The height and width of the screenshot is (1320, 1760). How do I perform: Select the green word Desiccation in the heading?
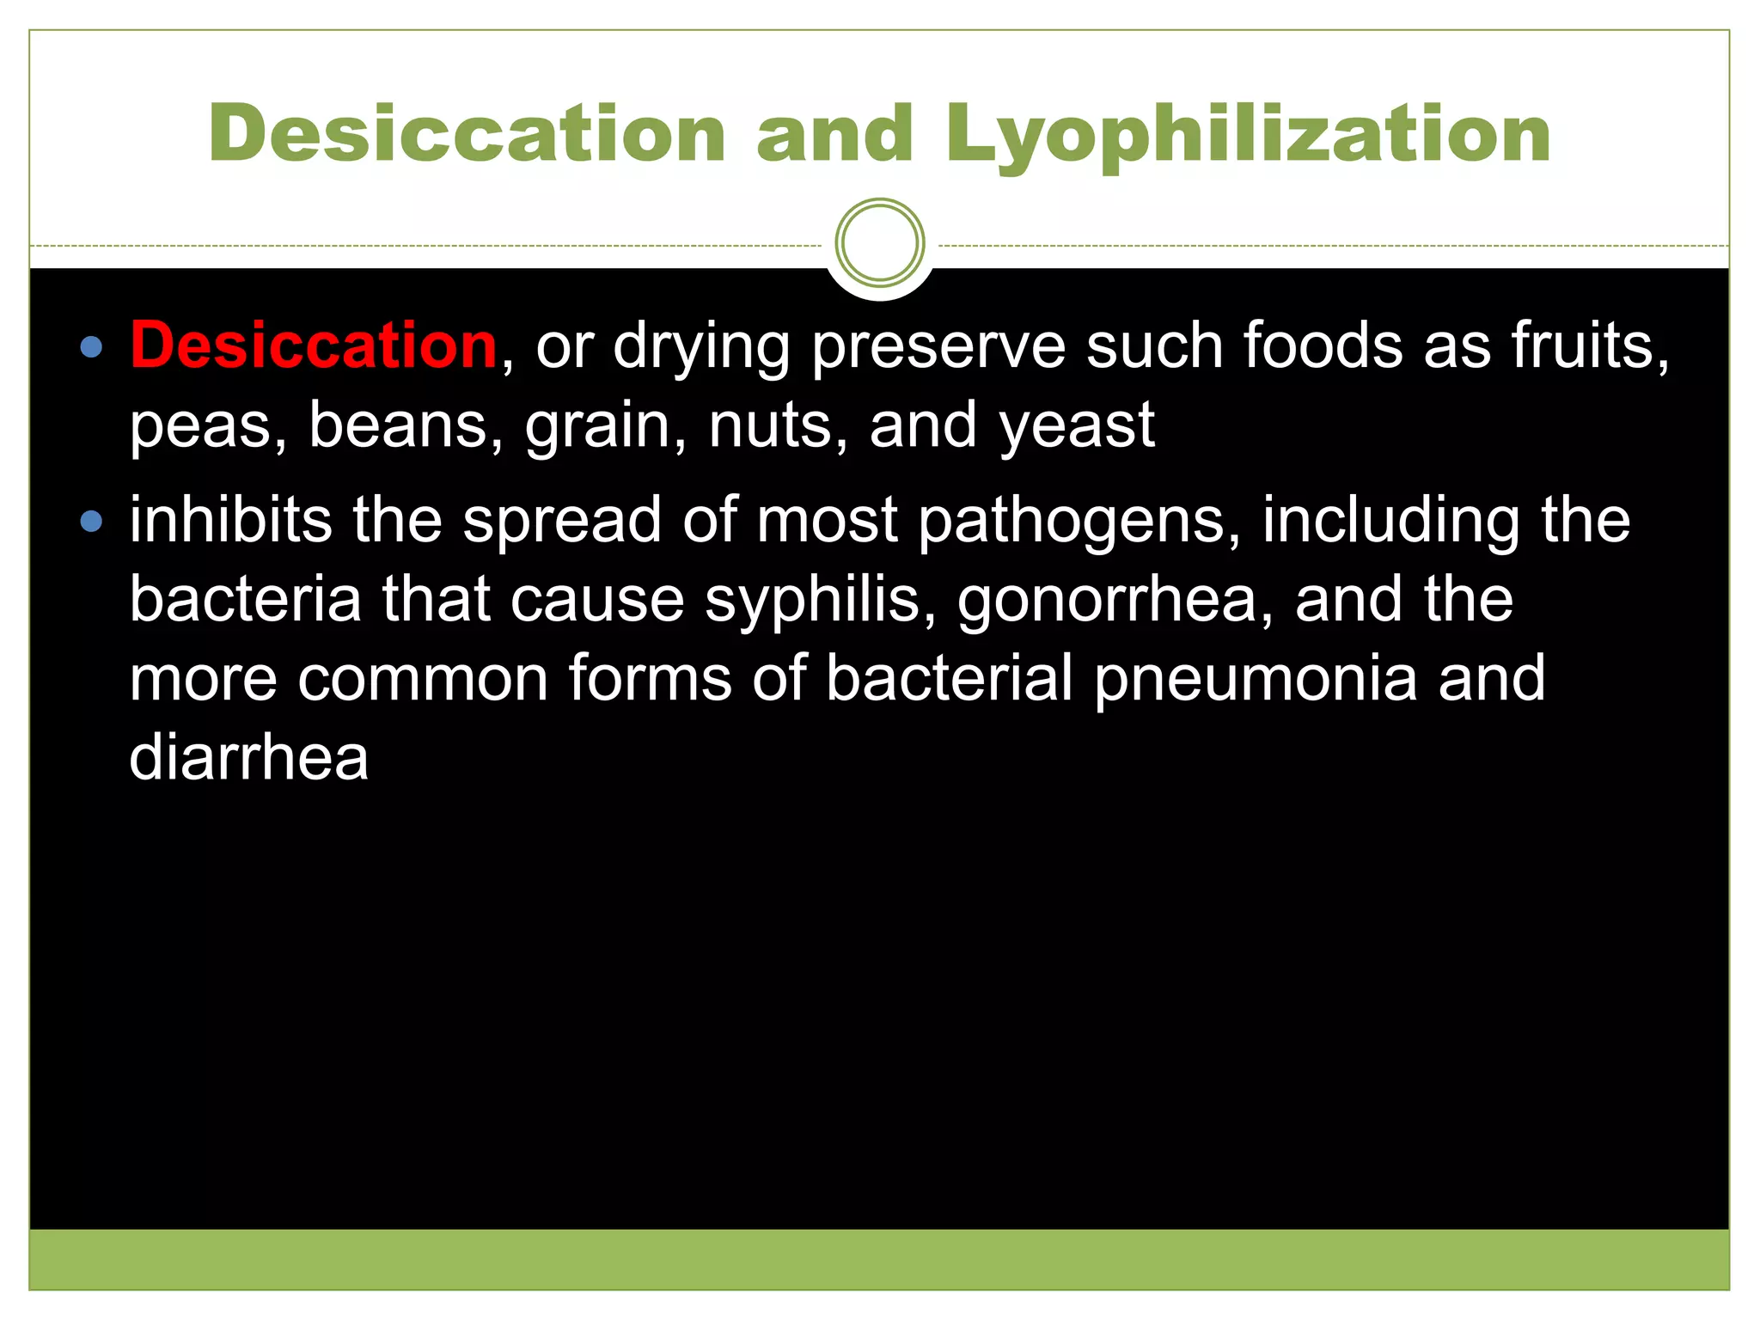(x=467, y=134)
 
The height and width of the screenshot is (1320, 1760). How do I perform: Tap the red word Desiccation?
(x=314, y=345)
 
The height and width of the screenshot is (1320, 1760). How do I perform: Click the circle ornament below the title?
(x=879, y=243)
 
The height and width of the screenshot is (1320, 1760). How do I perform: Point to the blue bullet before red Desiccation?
(x=90, y=348)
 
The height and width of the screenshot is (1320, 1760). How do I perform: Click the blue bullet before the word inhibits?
(x=90, y=522)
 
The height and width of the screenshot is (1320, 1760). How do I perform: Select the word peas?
(x=206, y=426)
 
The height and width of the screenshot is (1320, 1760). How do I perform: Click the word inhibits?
(x=230, y=520)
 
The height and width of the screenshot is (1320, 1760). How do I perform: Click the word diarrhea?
(x=248, y=758)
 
